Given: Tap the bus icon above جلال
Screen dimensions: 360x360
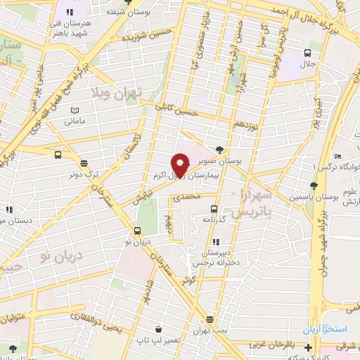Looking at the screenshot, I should point(307,53).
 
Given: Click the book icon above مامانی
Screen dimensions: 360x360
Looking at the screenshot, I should point(76,108).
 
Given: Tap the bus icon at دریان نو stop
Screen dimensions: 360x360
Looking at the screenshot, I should point(139,229).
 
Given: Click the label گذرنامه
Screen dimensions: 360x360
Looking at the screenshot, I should point(214,219).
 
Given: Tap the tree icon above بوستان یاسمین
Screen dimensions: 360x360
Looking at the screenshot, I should point(314,186).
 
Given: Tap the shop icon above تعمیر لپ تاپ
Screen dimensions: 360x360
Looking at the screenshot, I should point(162,328).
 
